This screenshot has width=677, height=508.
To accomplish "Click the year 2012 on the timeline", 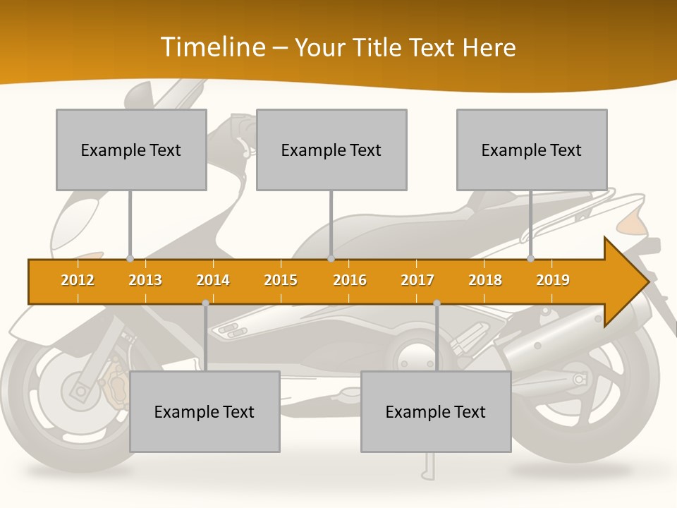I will [x=78, y=280].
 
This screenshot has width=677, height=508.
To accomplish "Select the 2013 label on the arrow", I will [x=145, y=280].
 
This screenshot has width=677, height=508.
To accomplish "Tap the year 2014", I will [x=213, y=280].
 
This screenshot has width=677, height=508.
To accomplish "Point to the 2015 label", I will [x=281, y=280].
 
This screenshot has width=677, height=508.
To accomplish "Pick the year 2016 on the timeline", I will [x=350, y=280].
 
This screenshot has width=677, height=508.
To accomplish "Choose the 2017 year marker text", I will [x=417, y=280].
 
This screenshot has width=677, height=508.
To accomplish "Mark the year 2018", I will [x=485, y=280].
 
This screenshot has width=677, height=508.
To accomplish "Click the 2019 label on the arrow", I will [x=553, y=280].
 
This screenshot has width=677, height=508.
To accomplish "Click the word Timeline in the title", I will [x=212, y=47].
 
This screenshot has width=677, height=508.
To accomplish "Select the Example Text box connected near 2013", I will [x=131, y=150].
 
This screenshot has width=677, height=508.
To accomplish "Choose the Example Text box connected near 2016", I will [x=331, y=150].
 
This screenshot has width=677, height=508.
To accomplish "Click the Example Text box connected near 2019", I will [x=532, y=150].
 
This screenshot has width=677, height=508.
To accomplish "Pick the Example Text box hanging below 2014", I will [x=205, y=411].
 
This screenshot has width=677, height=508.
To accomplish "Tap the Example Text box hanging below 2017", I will [x=436, y=411].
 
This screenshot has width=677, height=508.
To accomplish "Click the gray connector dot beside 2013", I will [x=130, y=259].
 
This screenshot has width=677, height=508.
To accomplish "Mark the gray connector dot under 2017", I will [x=437, y=303].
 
